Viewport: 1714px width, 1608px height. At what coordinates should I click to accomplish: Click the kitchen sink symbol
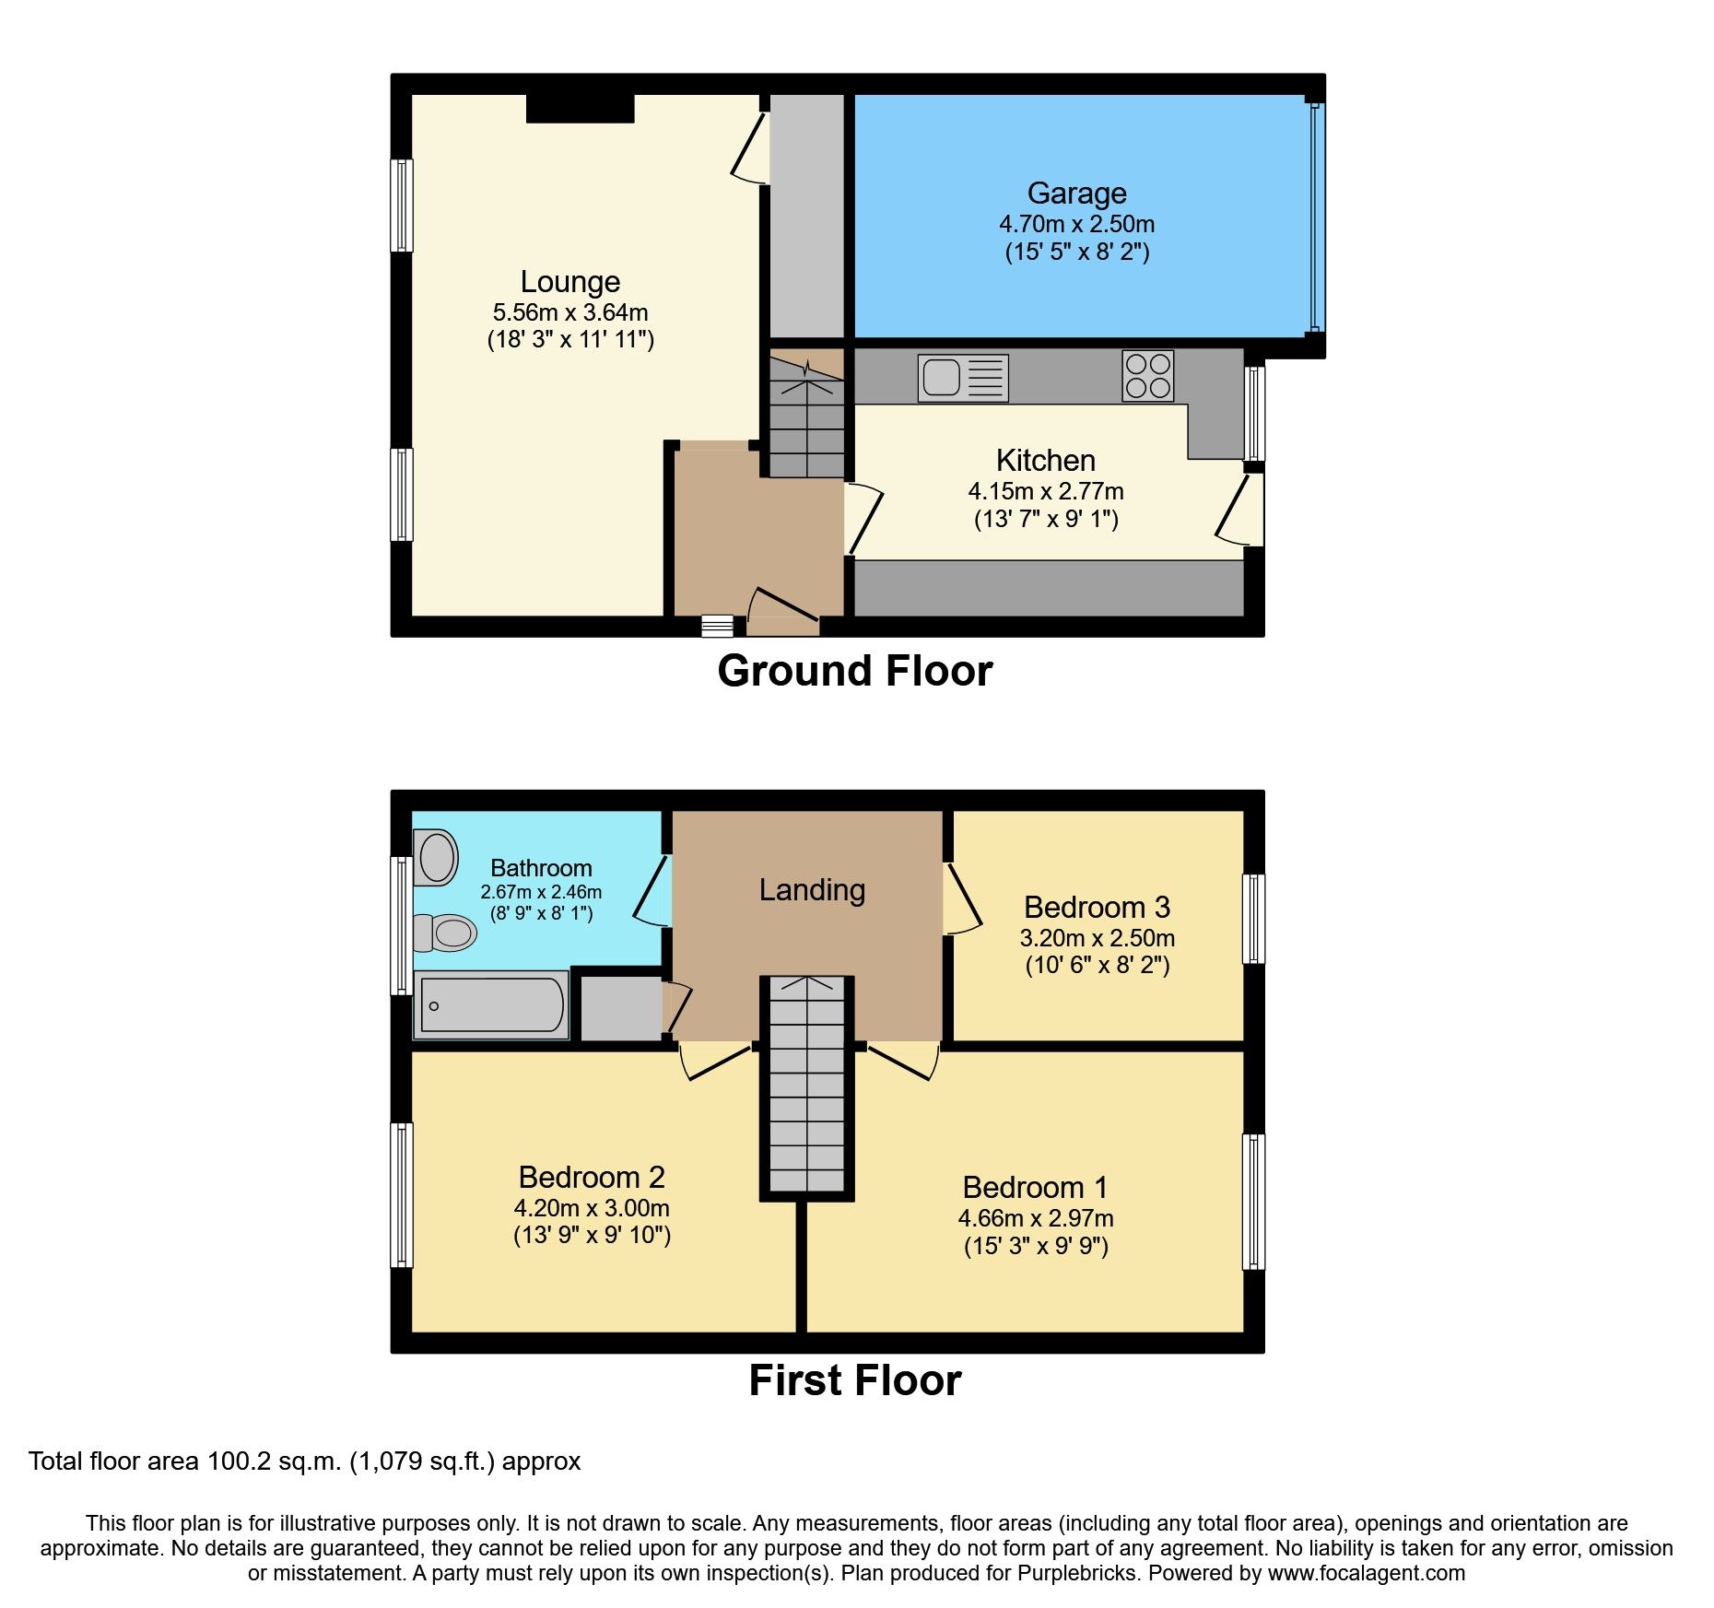[962, 378]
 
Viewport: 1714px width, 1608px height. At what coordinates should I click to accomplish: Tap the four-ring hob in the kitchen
[1147, 376]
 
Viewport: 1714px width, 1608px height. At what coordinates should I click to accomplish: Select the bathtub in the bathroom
[492, 1005]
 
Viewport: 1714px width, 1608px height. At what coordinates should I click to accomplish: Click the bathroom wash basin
[437, 857]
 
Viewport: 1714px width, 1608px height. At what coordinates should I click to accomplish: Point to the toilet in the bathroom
[446, 933]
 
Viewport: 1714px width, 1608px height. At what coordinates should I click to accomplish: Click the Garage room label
[1076, 194]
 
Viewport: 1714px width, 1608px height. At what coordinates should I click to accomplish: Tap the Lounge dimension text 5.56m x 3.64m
[569, 312]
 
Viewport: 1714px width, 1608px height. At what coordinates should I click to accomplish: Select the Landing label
[812, 890]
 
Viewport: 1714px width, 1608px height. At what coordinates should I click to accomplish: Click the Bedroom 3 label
[1097, 908]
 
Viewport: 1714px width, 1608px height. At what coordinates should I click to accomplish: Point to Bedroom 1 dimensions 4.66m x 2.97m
[1036, 1218]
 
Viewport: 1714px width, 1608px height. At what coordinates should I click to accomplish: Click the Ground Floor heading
[854, 671]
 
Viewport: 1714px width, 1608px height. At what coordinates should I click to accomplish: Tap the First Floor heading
[854, 1380]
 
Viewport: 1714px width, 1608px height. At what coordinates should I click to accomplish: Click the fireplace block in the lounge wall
[580, 108]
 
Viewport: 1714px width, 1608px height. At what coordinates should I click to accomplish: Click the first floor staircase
[806, 1087]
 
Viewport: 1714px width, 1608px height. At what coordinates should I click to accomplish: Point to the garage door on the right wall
[1316, 217]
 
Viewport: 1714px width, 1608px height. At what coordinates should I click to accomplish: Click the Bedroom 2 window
[401, 1194]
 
